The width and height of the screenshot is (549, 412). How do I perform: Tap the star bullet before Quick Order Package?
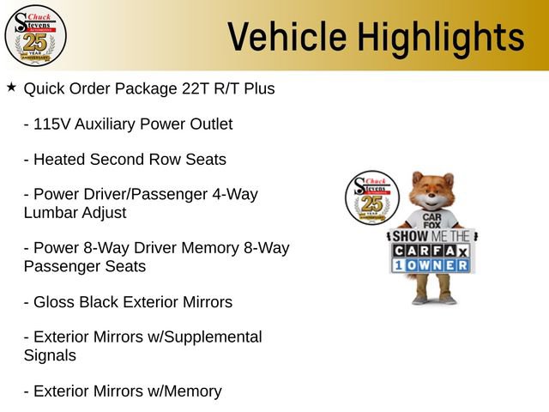click(x=10, y=88)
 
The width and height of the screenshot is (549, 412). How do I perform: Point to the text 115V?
click(x=51, y=124)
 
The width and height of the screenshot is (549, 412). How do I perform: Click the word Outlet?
click(x=207, y=124)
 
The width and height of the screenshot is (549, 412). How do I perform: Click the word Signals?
click(x=50, y=355)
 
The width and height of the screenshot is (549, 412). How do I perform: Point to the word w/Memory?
click(x=184, y=391)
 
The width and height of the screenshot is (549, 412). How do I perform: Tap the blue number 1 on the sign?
click(x=399, y=266)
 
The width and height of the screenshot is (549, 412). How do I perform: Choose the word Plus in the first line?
click(x=259, y=88)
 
